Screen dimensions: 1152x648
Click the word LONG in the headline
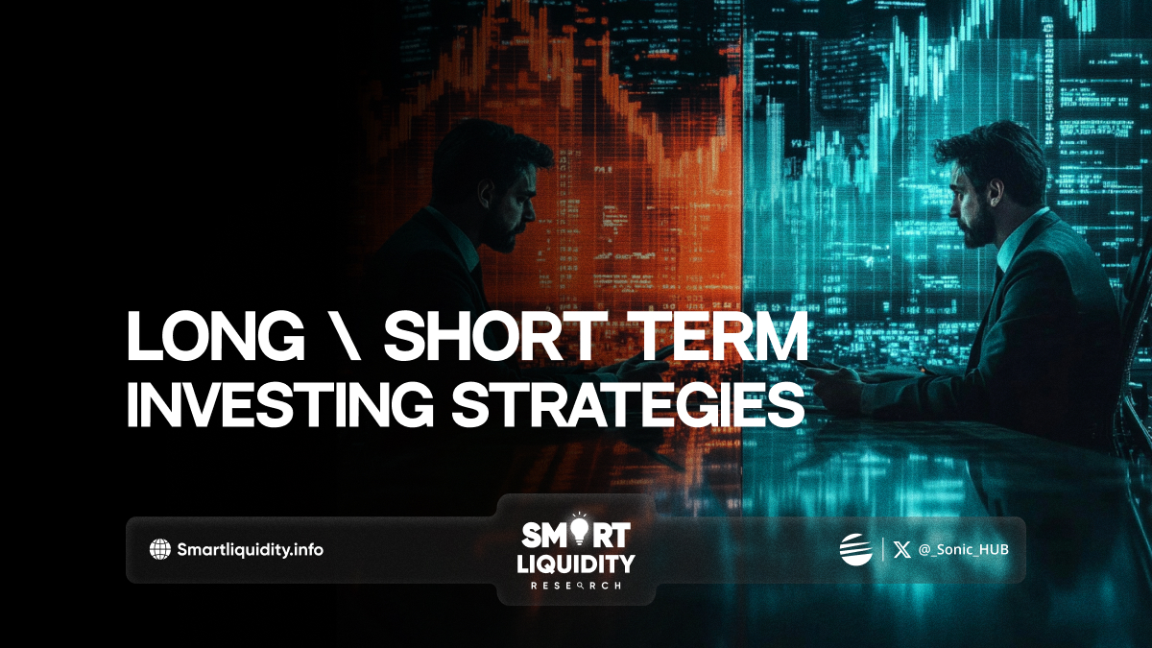(x=216, y=336)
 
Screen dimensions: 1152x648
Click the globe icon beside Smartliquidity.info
(x=160, y=549)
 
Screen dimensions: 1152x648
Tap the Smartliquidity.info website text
(x=250, y=550)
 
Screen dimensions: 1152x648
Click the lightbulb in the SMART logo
(x=580, y=530)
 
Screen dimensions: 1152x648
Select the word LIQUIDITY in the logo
(x=576, y=564)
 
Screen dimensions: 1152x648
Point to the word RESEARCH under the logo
(x=575, y=586)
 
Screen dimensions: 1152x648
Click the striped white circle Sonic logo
(x=855, y=549)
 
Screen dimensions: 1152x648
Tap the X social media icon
(x=901, y=550)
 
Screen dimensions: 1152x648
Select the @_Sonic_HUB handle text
(x=963, y=550)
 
